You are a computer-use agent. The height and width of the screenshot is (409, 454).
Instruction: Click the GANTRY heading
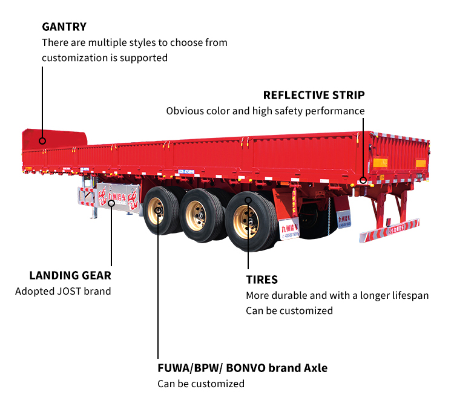coord(64,27)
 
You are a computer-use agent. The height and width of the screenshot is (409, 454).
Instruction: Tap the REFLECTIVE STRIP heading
coord(314,95)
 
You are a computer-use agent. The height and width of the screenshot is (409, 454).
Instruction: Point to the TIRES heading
coord(262,280)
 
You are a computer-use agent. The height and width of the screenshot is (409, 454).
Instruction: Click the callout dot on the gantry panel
coord(42,141)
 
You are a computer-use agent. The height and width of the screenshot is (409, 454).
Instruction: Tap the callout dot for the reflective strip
coord(363,180)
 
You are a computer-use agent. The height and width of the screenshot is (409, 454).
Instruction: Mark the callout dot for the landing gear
coord(111,203)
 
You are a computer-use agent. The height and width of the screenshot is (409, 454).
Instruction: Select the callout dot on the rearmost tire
coord(248,199)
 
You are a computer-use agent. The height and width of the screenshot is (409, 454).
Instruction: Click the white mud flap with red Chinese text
coord(290,224)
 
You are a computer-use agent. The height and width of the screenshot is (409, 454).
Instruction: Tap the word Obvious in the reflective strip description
coord(185,111)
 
